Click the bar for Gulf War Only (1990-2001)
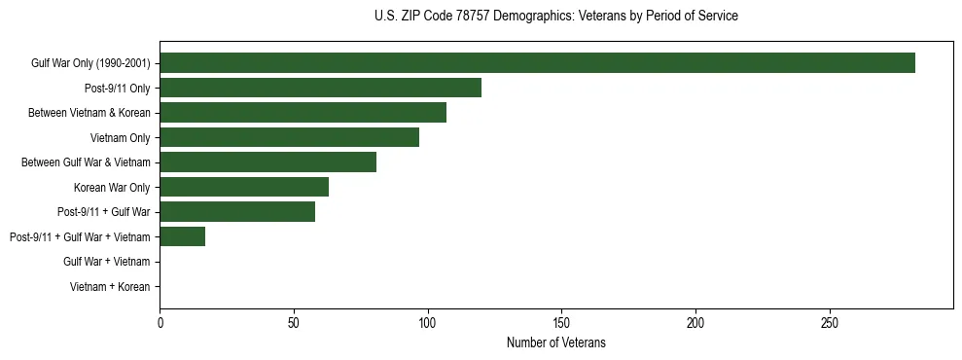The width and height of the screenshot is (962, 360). click(537, 63)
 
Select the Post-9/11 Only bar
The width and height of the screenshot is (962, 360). click(320, 88)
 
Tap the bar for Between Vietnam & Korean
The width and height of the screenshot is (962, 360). click(303, 113)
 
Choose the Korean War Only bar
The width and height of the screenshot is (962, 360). click(244, 187)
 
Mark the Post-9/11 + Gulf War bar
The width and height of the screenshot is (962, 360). click(237, 212)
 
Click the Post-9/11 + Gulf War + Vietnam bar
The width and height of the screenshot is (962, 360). click(182, 236)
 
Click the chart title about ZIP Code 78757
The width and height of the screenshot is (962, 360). click(555, 17)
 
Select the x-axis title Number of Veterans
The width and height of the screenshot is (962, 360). click(555, 342)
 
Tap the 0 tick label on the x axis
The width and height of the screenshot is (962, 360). click(160, 322)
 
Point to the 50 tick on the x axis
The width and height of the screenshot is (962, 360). click(294, 322)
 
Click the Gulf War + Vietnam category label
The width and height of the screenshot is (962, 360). click(107, 262)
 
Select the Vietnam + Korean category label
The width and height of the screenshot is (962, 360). click(110, 287)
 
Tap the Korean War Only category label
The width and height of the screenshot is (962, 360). click(112, 187)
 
